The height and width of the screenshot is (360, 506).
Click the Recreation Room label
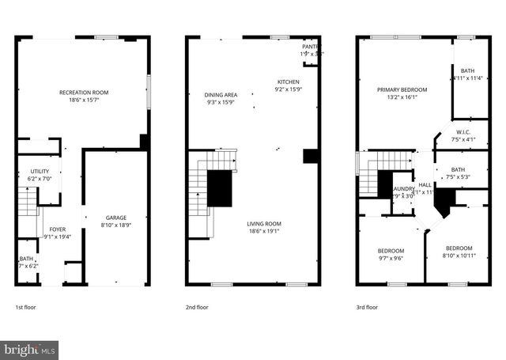pyautogui.click(x=84, y=93)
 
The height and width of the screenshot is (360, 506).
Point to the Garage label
pyautogui.click(x=116, y=218)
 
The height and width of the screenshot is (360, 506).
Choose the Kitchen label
pyautogui.click(x=288, y=82)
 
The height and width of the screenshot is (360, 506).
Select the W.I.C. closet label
pyautogui.click(x=463, y=132)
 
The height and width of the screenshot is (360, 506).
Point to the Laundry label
pyautogui.click(x=404, y=188)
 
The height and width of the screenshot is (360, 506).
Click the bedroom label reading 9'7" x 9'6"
pyautogui.click(x=390, y=250)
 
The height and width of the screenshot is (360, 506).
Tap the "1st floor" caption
pyautogui.click(x=25, y=307)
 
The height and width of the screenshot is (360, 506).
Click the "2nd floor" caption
pyautogui.click(x=197, y=307)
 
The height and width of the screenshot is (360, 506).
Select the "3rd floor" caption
pyautogui.click(x=367, y=307)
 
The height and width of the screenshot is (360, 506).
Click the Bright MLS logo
pyautogui.click(x=30, y=348)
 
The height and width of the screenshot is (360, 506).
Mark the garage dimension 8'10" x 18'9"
pyautogui.click(x=116, y=225)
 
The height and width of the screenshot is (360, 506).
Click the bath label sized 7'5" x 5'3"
pyautogui.click(x=458, y=169)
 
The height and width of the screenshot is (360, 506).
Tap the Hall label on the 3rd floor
pyautogui.click(x=425, y=184)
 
